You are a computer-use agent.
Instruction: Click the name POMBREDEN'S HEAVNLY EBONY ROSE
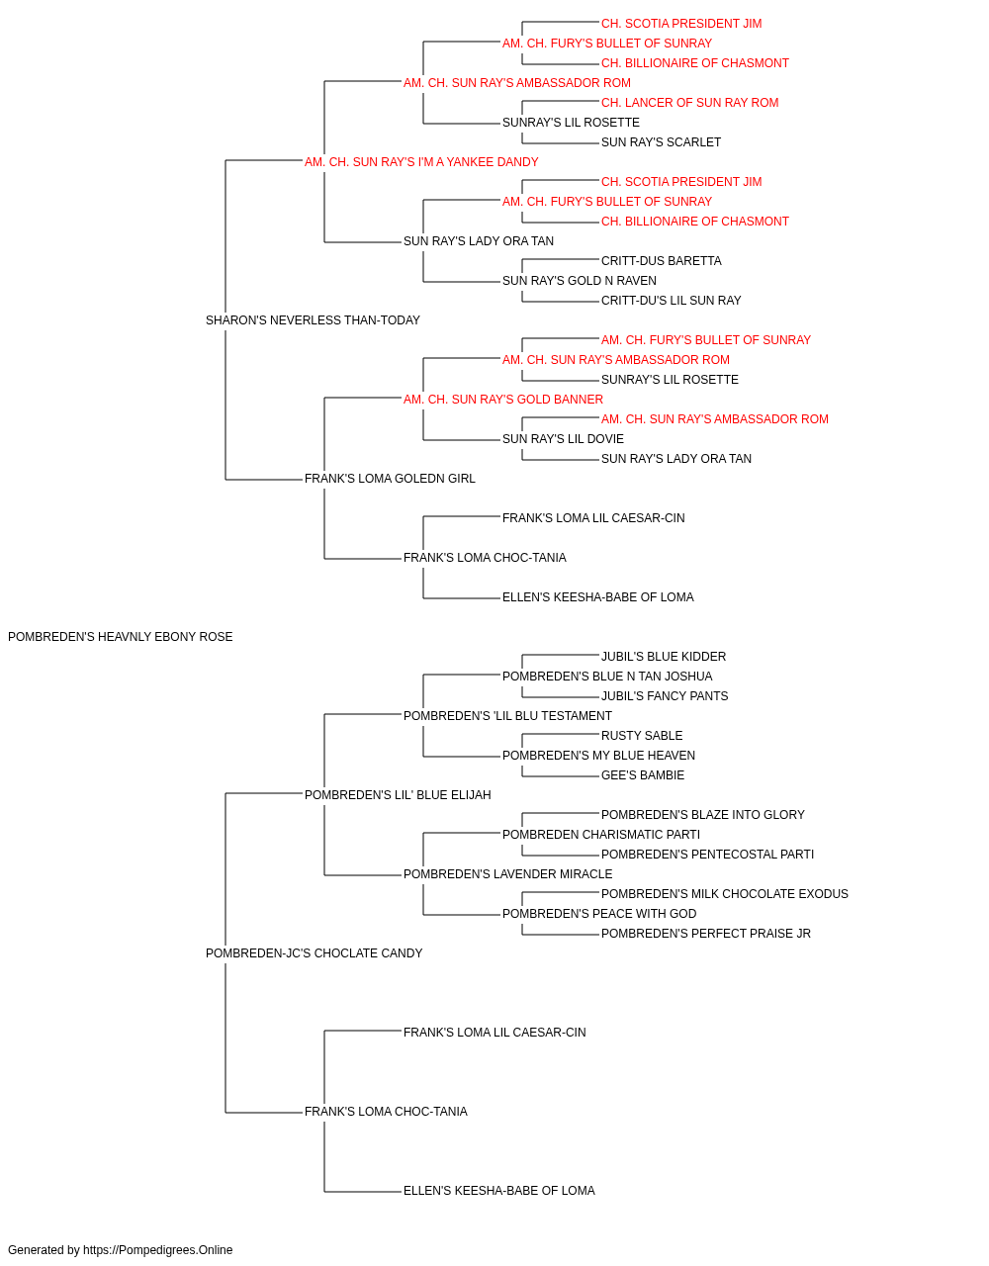[120, 637]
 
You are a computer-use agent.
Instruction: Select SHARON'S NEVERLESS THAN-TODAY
[313, 320]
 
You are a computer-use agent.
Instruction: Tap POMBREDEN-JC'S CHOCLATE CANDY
[314, 953]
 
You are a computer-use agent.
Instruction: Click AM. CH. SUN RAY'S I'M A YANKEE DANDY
[421, 162]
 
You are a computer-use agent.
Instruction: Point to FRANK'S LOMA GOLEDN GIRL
[390, 479]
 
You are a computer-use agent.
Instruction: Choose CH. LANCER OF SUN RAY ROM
[689, 103]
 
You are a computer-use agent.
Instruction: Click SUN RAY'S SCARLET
[661, 142]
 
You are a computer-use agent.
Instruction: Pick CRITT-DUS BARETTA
[661, 261]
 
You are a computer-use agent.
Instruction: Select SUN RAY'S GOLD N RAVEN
[579, 281]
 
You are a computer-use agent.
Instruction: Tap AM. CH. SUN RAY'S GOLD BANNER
[503, 400]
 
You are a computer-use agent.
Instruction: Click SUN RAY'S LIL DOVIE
[563, 439]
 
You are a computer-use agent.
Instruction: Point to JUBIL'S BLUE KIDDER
[664, 657]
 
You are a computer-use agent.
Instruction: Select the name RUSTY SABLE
[642, 736]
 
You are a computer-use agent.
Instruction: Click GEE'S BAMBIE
[643, 775]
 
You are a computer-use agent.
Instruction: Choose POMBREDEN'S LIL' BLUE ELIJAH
[398, 795]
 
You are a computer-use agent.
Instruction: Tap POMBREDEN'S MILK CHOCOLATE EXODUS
[725, 894]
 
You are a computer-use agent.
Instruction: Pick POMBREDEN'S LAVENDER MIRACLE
[508, 874]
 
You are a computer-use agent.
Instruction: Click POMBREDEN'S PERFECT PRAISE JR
[706, 934]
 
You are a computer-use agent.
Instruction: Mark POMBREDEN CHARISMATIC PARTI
[601, 835]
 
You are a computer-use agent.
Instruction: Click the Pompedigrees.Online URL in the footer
[158, 1250]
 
